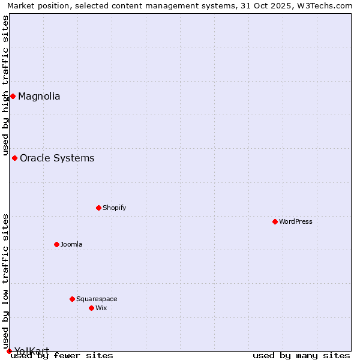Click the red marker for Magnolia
coord(13,96)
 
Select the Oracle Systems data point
coord(14,158)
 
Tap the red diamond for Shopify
coord(98,208)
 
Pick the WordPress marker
coord(275,221)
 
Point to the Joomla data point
coord(56,244)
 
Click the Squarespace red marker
coord(72,299)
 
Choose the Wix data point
coord(91,308)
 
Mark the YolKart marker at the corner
coord(9,351)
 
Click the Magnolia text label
coord(39,96)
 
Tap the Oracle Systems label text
coord(57,158)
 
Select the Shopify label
coord(114,208)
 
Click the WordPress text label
coord(296,221)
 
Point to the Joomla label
coord(71,244)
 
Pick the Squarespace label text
coord(97,299)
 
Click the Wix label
coord(101,308)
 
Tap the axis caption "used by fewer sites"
coord(62,356)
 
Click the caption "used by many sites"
coord(301,356)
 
